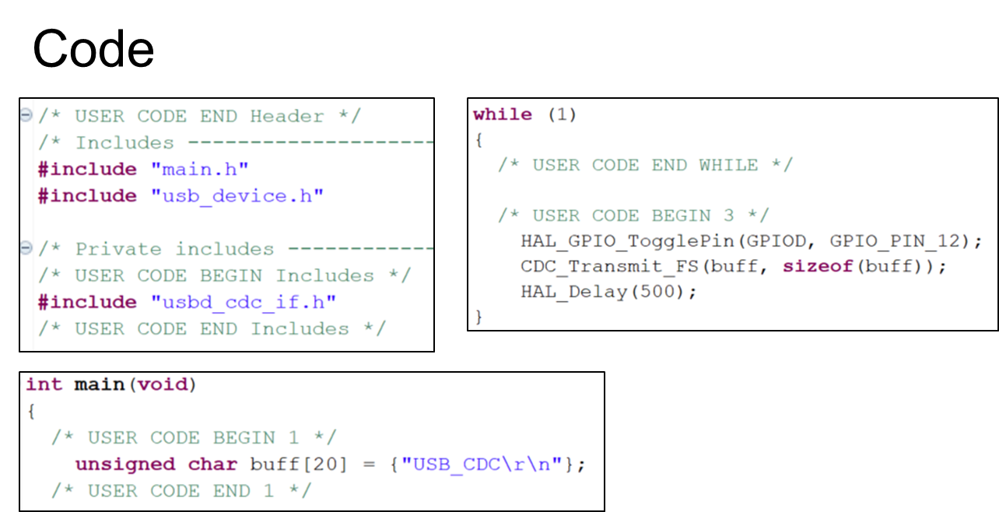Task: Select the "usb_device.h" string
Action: (x=237, y=195)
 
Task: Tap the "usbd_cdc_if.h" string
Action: (x=244, y=302)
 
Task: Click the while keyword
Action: (x=503, y=114)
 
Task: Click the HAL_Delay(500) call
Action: (x=608, y=293)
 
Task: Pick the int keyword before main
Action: (x=44, y=384)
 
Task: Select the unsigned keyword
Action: (x=125, y=465)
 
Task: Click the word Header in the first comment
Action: (x=286, y=117)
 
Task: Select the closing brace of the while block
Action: (x=479, y=317)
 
